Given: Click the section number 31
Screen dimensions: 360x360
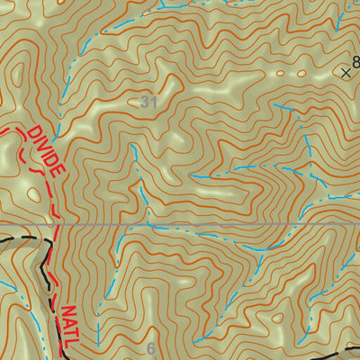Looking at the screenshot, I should tap(148, 103).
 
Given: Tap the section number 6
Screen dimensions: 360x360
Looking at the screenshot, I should tap(150, 349).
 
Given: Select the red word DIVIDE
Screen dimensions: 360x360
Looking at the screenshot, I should tap(46, 150).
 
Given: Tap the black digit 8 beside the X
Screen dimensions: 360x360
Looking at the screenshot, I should tap(355, 63).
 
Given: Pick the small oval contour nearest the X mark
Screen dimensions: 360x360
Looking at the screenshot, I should tap(280, 73).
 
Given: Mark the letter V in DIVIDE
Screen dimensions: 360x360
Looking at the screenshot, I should tap(45, 148).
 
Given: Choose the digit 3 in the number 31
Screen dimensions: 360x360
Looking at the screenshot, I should tap(144, 103).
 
